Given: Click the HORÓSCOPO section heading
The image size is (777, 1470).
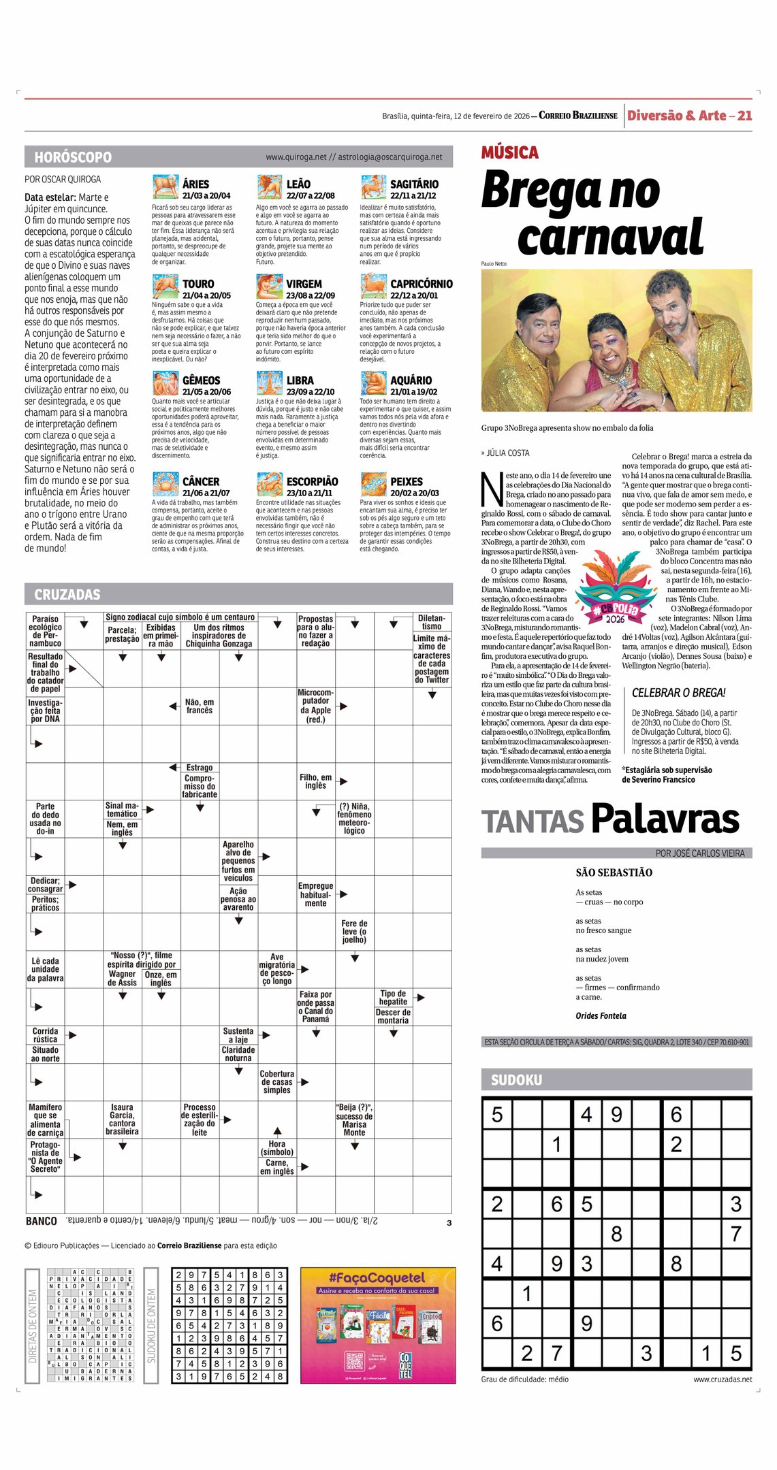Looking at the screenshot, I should (x=73, y=157).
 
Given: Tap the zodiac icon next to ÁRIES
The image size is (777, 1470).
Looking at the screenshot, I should (x=165, y=186).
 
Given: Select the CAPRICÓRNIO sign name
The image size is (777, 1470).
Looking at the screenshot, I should (x=421, y=284).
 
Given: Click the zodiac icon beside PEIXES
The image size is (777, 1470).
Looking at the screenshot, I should (x=373, y=484).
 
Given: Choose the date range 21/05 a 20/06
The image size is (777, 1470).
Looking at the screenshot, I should (x=206, y=392).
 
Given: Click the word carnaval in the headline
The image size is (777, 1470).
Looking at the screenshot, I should (x=609, y=237).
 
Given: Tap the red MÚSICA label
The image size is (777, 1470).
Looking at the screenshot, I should (x=509, y=152).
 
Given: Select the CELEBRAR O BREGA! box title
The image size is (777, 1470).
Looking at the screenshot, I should (x=678, y=693).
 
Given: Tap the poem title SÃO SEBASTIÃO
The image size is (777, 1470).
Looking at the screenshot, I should (x=614, y=872).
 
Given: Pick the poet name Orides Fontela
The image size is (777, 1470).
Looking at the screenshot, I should (x=601, y=1015).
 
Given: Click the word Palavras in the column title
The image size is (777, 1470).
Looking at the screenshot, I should (x=665, y=819).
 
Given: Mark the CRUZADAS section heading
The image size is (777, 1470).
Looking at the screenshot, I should (x=67, y=595).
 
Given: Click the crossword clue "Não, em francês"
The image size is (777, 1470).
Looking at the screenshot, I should (x=199, y=706).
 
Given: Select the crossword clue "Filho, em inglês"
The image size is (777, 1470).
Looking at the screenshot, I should (x=315, y=781).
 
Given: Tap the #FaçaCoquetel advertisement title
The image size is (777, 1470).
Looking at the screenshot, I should (x=377, y=1278).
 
